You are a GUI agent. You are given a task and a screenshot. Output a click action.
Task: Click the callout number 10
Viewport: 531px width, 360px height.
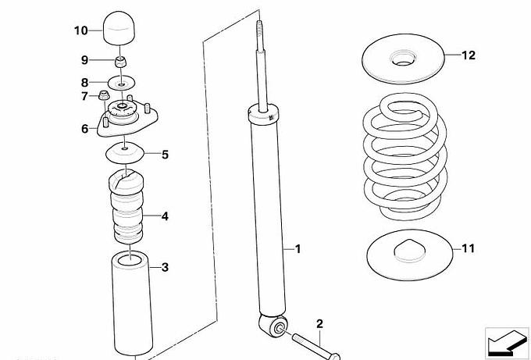[x=81, y=30]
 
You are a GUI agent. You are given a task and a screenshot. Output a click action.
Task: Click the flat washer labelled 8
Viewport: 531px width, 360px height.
[x=121, y=81]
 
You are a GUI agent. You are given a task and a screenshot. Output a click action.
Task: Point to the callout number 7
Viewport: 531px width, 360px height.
[x=84, y=97]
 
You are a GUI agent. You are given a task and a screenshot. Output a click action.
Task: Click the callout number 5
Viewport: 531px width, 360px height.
[x=165, y=155]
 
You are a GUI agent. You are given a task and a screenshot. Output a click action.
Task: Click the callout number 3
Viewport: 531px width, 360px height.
[x=164, y=268]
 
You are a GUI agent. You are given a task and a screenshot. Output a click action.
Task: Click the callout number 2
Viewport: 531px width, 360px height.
[x=319, y=323]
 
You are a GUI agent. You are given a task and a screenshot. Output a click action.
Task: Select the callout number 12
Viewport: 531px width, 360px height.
[x=468, y=55]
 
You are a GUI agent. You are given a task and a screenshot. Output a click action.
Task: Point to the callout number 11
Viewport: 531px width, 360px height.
[x=468, y=249]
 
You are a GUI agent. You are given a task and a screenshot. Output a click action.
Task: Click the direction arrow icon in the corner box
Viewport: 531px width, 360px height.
[x=503, y=341]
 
